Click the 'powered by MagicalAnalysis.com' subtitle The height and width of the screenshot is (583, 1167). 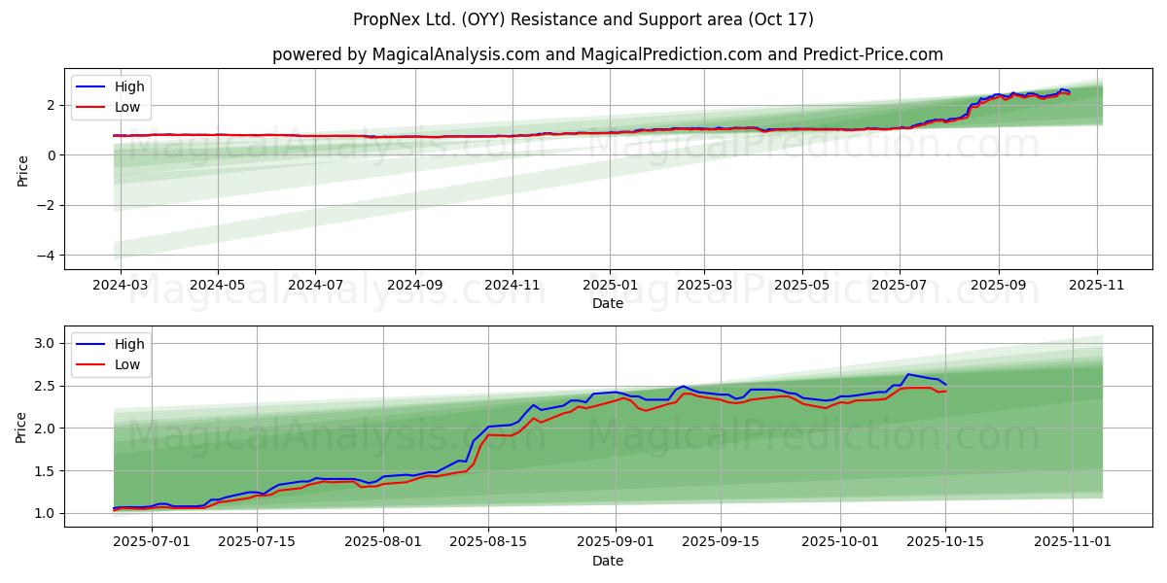(607, 54)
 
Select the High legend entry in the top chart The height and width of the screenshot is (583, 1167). (128, 86)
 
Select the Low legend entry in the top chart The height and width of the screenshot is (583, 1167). (127, 107)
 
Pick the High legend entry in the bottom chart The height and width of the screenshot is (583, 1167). (128, 344)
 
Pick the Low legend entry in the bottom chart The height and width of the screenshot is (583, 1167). (127, 364)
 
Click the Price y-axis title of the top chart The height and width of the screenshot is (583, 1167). (22, 171)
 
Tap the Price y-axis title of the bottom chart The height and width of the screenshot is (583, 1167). (22, 428)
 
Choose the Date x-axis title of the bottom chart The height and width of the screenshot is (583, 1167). (607, 562)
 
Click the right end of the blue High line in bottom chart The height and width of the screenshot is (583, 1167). (945, 384)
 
